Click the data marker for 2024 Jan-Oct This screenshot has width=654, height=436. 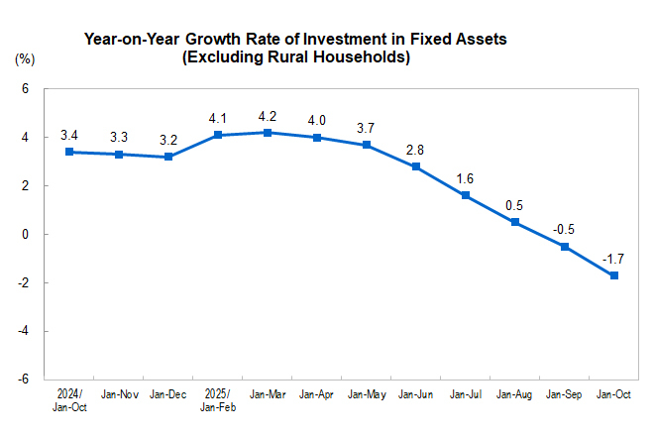[x=69, y=152]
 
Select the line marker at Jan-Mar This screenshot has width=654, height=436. [x=268, y=132]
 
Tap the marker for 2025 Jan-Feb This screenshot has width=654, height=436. [x=218, y=135]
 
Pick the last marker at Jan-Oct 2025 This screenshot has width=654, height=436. [x=614, y=275]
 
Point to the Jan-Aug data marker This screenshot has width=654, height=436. [x=515, y=222]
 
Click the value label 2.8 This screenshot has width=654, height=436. [x=416, y=150]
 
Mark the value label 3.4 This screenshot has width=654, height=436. [x=69, y=135]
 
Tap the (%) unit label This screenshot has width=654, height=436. [x=25, y=59]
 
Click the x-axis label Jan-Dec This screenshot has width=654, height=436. [x=168, y=395]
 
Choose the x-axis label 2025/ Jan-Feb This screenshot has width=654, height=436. [x=218, y=400]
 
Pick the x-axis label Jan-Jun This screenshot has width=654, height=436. [x=416, y=395]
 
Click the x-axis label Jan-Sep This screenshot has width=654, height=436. [x=565, y=395]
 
